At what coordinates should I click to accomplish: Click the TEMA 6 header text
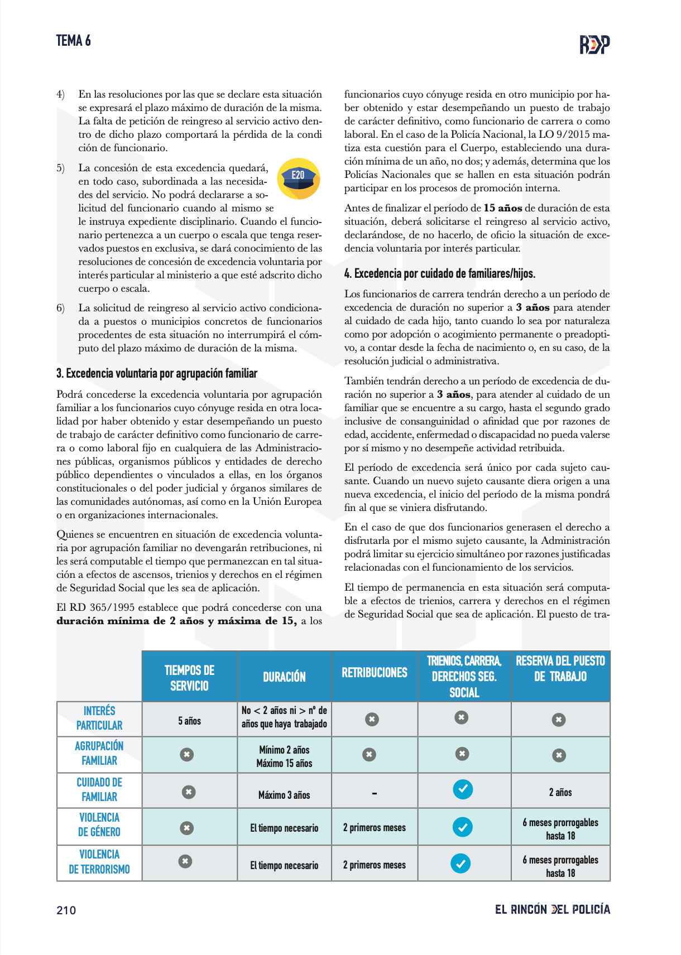coord(73,41)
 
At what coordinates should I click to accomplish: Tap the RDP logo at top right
coord(594,44)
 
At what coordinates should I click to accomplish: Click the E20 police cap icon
coord(299,179)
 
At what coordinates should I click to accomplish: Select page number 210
coord(66,910)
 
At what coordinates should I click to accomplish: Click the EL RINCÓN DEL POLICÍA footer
coord(552,910)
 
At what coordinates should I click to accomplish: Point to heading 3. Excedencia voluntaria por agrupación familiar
coord(157,374)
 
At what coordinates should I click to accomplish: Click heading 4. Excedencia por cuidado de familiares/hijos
coord(439,274)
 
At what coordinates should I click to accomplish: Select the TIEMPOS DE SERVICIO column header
coord(189,678)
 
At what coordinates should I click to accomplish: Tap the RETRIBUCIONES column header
coord(375,673)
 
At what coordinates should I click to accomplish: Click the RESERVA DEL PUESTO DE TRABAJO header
coord(560,669)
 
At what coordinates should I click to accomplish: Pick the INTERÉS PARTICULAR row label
coord(99,718)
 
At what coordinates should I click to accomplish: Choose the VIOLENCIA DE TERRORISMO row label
coord(99,862)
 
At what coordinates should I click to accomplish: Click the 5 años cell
coord(189,721)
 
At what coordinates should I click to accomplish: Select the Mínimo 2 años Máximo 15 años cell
coord(284,756)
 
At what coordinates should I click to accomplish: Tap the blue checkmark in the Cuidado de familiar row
coord(462,789)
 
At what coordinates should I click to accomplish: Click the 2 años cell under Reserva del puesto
coord(560,792)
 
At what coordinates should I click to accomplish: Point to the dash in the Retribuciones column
coord(374,793)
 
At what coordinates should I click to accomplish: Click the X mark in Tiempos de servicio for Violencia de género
coord(187,828)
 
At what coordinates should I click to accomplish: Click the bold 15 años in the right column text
coord(502,208)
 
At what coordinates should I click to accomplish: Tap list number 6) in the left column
coord(60,308)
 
